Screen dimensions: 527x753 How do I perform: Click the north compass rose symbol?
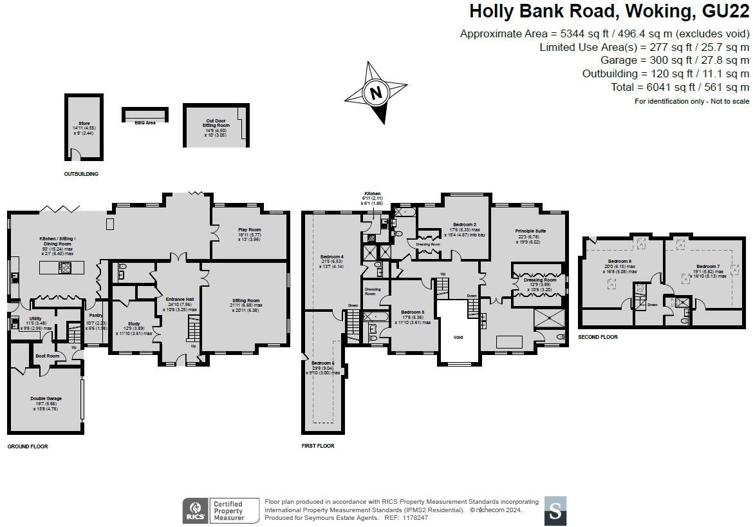click(x=376, y=92)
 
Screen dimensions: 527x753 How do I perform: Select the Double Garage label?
click(x=46, y=399)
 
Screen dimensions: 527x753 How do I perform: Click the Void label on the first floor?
click(x=458, y=337)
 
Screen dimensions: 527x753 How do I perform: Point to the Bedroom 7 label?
click(x=707, y=266)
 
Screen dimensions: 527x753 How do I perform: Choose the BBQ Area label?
click(x=145, y=122)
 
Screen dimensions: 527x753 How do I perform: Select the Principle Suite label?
click(x=530, y=230)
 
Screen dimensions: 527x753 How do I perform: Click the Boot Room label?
click(x=47, y=356)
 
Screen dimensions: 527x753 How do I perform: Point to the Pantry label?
click(x=96, y=316)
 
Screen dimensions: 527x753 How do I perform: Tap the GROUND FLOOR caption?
click(x=28, y=446)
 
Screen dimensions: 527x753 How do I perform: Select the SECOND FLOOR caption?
click(x=598, y=337)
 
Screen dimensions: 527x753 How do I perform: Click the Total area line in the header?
click(x=680, y=87)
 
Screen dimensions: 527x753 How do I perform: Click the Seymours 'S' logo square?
click(x=555, y=510)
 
